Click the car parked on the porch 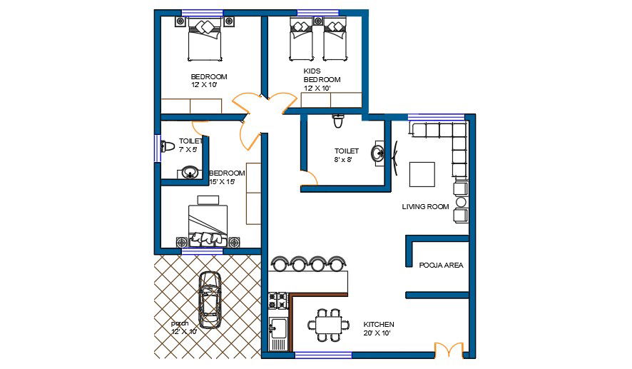[x=210, y=300]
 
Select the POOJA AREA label [x=441, y=265]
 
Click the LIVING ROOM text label [x=425, y=206]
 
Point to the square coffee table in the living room [x=422, y=174]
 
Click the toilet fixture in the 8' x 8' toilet [x=338, y=121]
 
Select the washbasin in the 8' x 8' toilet [x=379, y=153]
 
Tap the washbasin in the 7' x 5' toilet [x=189, y=173]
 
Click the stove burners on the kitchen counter [x=277, y=300]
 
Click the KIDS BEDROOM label [x=322, y=76]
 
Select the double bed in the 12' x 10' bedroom [x=205, y=40]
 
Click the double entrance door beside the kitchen [x=448, y=350]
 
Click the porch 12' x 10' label [x=184, y=328]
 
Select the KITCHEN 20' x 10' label [x=379, y=328]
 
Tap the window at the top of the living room [x=436, y=117]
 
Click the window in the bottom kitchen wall [x=323, y=355]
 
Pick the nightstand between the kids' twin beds [x=317, y=21]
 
